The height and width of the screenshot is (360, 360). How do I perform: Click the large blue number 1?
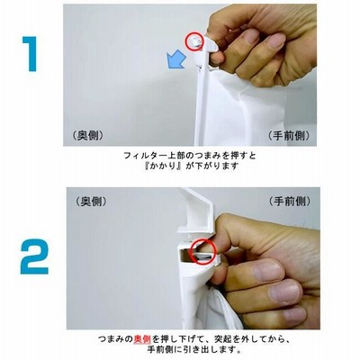click(30, 54)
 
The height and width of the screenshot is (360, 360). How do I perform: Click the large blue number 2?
click(34, 256)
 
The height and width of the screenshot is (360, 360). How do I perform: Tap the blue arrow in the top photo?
click(176, 59)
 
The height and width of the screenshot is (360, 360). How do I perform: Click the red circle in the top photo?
click(194, 41)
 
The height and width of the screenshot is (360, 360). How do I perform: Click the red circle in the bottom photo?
click(202, 251)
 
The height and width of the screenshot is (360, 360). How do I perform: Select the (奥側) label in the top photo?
click(88, 136)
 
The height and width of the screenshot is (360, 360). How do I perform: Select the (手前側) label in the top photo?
click(288, 136)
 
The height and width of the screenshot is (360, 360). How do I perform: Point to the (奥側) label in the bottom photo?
click(91, 202)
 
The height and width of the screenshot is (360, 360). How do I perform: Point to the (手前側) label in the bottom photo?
click(290, 201)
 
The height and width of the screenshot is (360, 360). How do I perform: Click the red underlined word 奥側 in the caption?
click(142, 339)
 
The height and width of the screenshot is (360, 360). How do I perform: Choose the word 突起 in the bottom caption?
click(223, 339)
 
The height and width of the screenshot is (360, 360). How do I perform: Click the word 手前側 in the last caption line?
click(160, 350)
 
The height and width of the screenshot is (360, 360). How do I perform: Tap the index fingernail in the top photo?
click(252, 36)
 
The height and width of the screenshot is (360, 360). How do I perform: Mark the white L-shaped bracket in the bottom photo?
click(196, 211)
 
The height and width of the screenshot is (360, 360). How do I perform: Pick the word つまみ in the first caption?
click(209, 156)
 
